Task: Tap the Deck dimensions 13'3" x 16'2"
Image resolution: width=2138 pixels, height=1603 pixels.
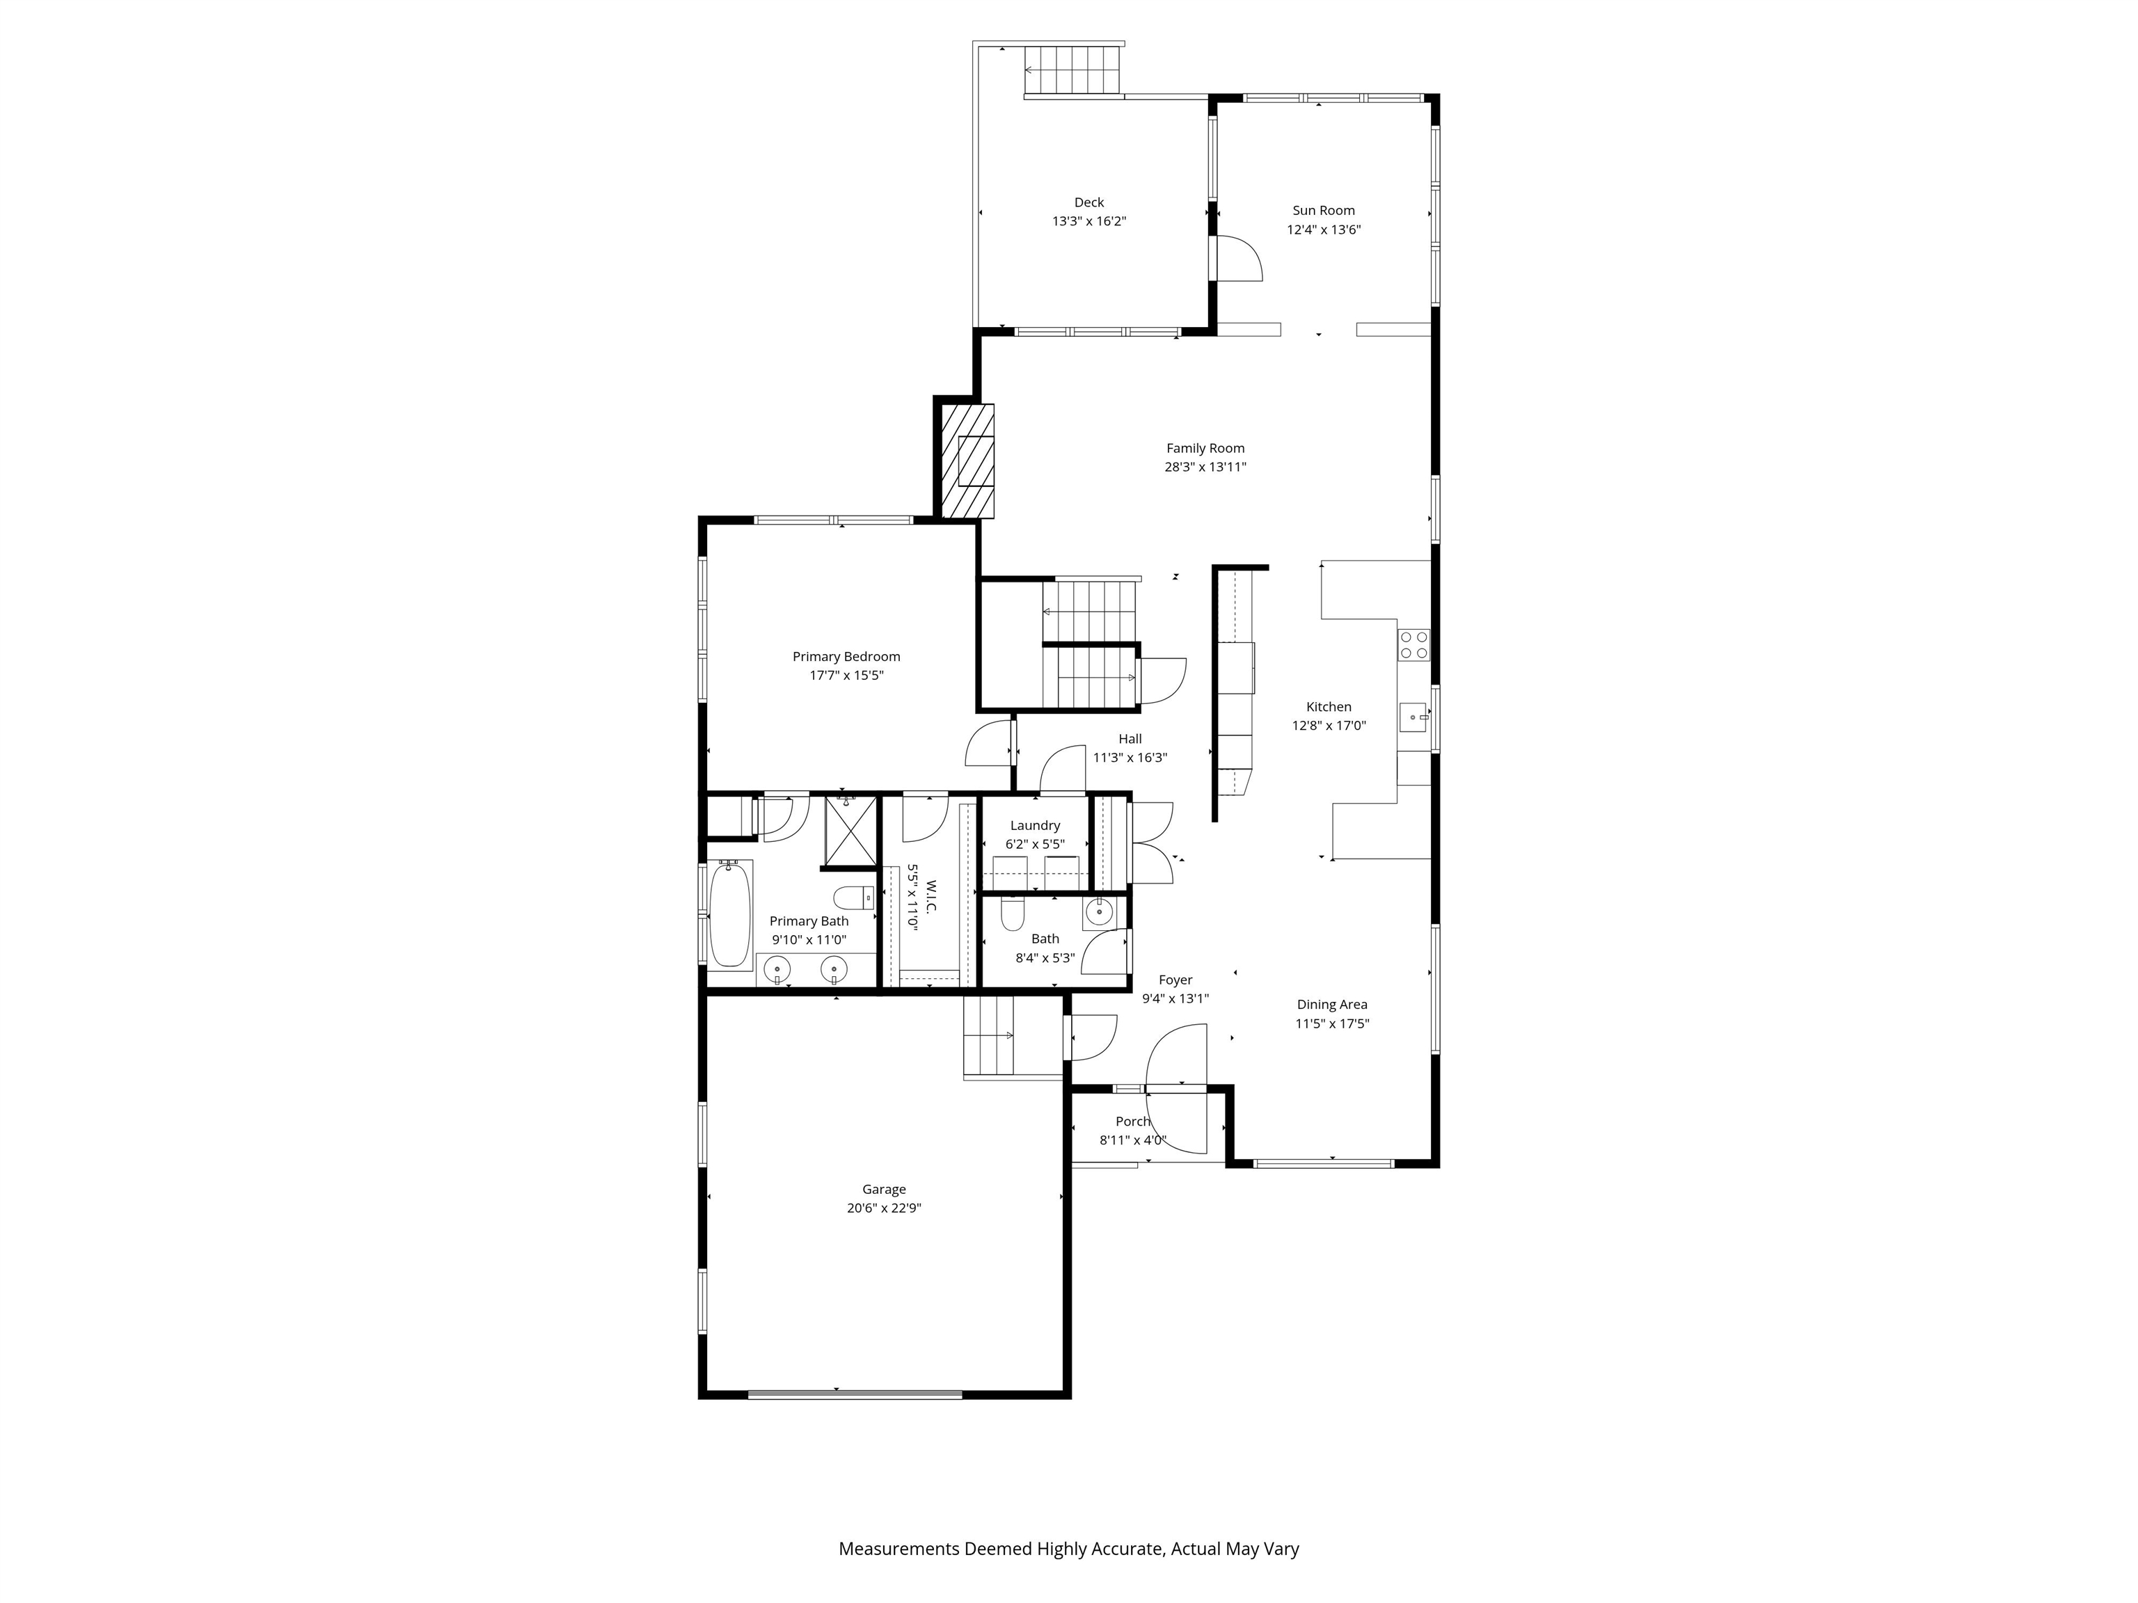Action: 1088,221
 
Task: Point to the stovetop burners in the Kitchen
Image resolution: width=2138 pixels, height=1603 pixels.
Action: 1413,644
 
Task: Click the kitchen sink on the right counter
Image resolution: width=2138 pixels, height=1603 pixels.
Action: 1413,717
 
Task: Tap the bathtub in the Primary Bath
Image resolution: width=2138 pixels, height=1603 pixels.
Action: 730,915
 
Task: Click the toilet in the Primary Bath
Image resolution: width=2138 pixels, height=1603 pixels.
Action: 853,898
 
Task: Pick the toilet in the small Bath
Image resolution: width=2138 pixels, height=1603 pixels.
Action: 1012,913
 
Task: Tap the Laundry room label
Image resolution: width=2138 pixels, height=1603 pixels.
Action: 1034,825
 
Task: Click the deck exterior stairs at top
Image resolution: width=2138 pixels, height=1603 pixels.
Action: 1073,70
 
